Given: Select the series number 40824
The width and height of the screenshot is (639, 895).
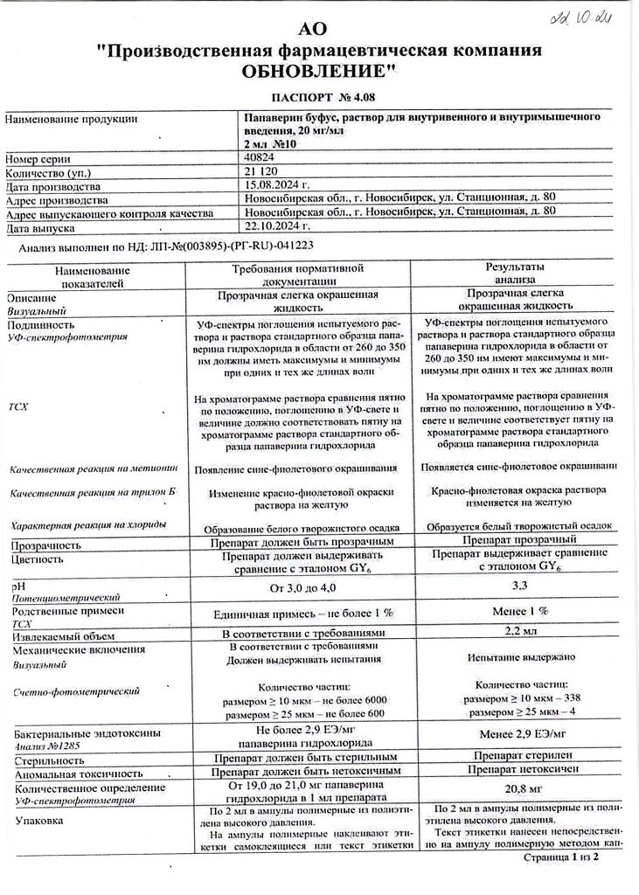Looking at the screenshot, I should pos(260,158).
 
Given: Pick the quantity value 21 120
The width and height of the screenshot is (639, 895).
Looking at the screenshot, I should pos(261,172).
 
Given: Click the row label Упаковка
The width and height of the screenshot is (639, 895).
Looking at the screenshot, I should pos(38,821).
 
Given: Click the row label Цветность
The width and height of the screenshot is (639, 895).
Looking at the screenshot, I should pos(37,559).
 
